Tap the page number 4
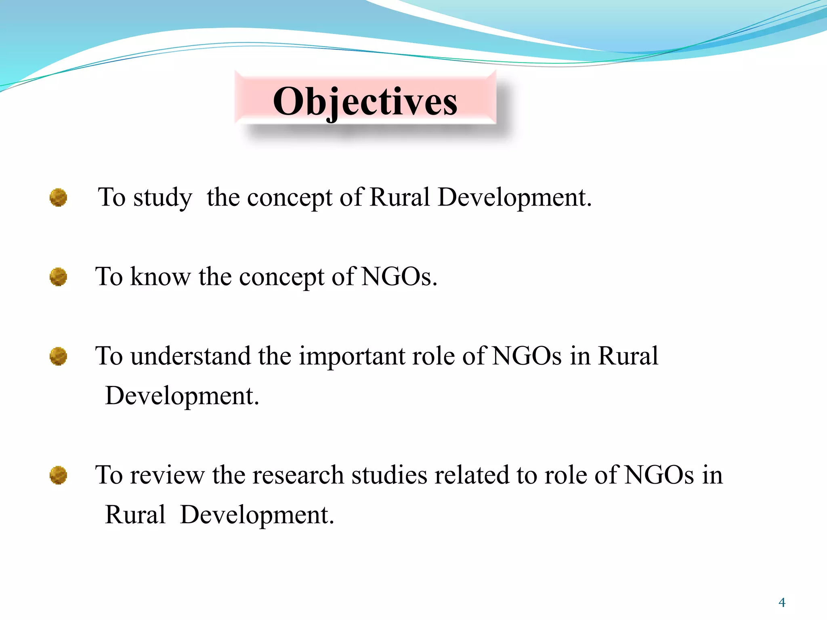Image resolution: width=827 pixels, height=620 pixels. (x=782, y=603)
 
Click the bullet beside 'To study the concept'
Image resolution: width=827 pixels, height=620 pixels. (x=58, y=197)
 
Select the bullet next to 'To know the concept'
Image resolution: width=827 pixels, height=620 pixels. (x=58, y=277)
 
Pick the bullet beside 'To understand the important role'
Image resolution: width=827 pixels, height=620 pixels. (x=58, y=356)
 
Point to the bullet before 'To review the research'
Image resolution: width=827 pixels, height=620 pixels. (x=58, y=475)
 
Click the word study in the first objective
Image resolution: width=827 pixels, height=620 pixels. (x=163, y=198)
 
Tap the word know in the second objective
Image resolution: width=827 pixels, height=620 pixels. (x=160, y=277)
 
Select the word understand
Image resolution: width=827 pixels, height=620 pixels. (x=191, y=356)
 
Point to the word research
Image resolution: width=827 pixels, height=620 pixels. (x=298, y=475)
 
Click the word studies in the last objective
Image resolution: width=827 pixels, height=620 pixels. (x=389, y=475)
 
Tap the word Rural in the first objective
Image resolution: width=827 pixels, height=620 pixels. (x=400, y=197)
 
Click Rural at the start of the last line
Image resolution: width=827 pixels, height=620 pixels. (x=135, y=515)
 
